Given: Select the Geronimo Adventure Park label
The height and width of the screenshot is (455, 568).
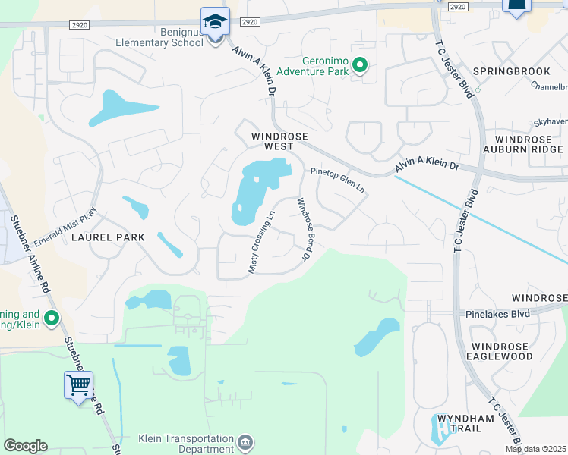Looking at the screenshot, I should (312, 66).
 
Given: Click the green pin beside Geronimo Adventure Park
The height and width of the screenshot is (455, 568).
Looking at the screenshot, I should (360, 66).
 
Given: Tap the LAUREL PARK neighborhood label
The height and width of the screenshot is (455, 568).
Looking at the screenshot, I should (108, 237).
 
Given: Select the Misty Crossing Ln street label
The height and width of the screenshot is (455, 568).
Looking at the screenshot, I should (262, 243).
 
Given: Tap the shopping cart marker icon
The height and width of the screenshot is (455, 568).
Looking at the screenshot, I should (79, 386).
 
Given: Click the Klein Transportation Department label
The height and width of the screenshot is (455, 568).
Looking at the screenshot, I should (186, 444).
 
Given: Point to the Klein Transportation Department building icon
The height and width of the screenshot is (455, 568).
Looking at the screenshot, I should (245, 442).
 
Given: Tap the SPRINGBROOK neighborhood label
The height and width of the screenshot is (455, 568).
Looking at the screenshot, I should (500, 71).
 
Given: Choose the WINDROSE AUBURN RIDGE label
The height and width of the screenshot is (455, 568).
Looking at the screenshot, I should (529, 145).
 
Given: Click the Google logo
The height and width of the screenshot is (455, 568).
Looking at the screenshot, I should (25, 446).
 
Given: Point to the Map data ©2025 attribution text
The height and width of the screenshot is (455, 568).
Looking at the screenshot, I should (536, 449).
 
